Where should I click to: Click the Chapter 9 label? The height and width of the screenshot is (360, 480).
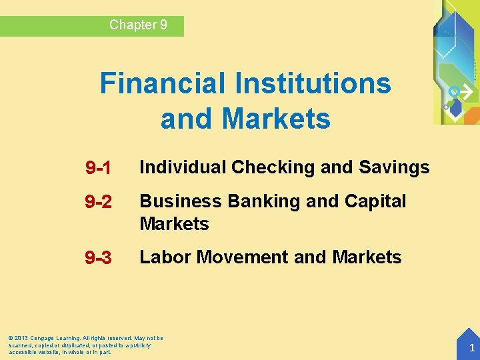[x=138, y=25]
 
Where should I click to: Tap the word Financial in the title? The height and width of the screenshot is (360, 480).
[x=162, y=84]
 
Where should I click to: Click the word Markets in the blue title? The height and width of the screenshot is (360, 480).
[x=275, y=119]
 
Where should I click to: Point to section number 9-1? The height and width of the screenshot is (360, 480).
[x=98, y=169]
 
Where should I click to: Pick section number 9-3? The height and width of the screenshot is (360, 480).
[x=98, y=258]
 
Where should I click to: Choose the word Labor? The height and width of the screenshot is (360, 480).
[x=161, y=257]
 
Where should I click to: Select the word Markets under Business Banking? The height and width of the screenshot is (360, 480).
[x=174, y=224]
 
